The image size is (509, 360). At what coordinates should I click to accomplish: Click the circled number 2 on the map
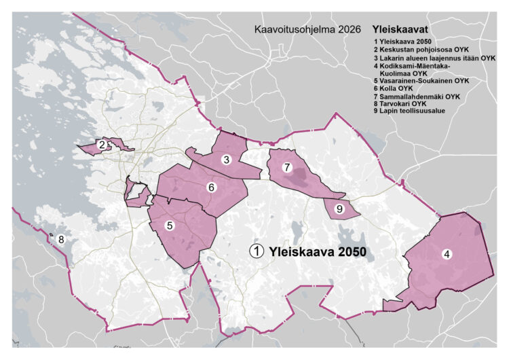pyautogui.click(x=101, y=145)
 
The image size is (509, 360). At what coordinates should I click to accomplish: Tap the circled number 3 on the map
pyautogui.click(x=227, y=160)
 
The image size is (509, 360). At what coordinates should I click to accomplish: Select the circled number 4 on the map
pyautogui.click(x=446, y=255)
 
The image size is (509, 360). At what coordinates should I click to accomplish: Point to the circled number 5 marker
pyautogui.click(x=170, y=226)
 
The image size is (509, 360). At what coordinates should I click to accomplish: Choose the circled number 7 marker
pyautogui.click(x=287, y=167)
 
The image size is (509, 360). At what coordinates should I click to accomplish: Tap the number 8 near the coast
pyautogui.click(x=60, y=239)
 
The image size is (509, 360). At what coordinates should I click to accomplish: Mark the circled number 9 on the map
pyautogui.click(x=340, y=209)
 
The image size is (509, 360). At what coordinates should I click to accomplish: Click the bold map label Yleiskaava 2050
pyautogui.click(x=318, y=251)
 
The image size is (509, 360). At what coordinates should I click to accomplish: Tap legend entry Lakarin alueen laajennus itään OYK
pyautogui.click(x=434, y=59)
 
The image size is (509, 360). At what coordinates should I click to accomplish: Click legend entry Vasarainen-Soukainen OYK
pyautogui.click(x=421, y=81)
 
